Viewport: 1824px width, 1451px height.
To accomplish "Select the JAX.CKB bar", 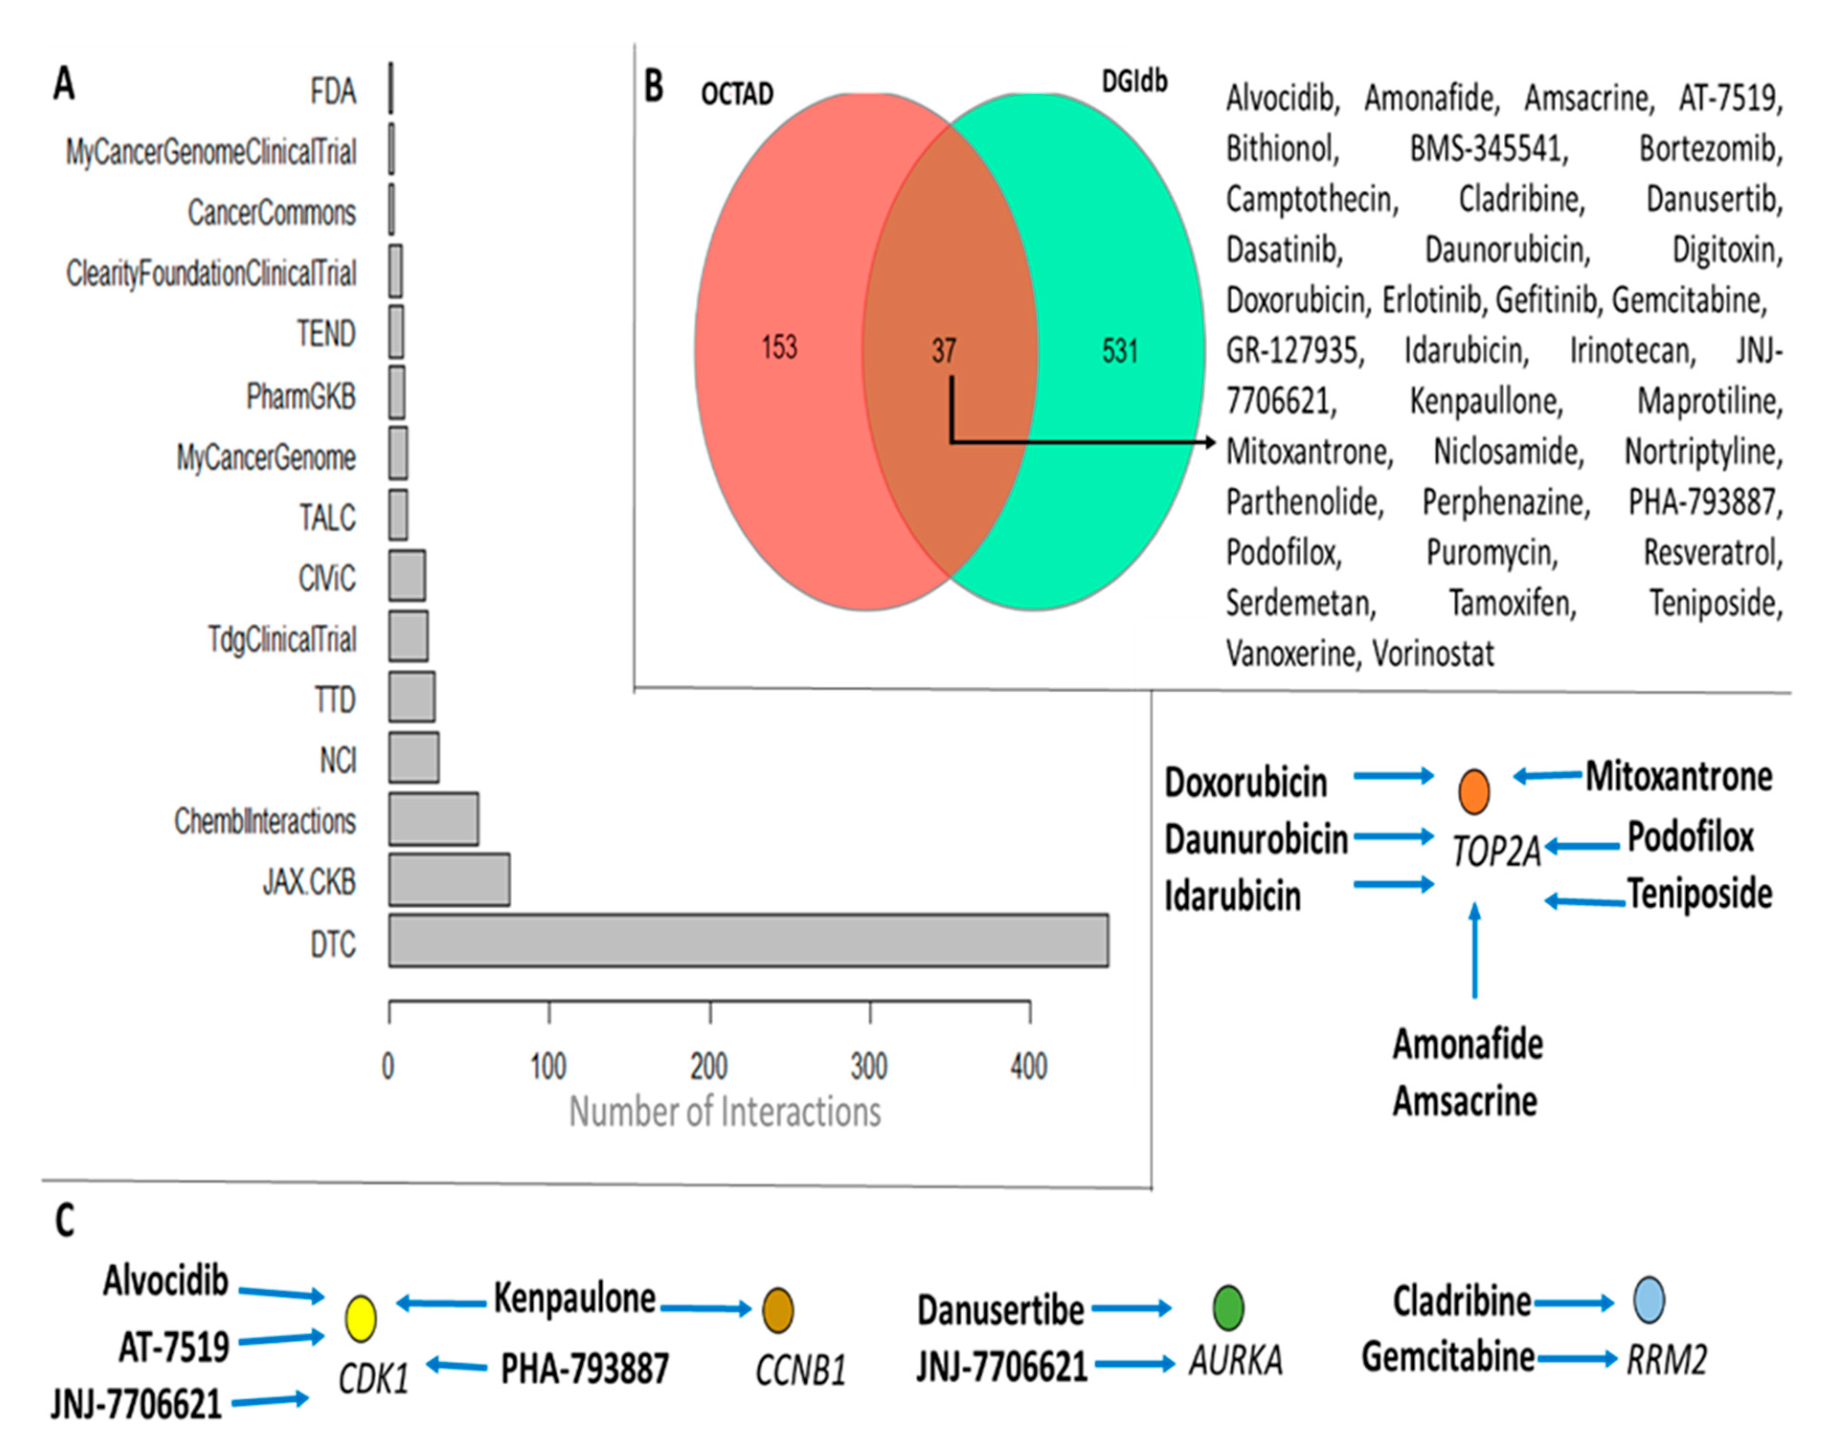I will pos(449,880).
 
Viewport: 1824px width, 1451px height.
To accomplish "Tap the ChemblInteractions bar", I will pos(433,819).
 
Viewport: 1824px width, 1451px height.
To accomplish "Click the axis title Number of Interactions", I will pos(724,1112).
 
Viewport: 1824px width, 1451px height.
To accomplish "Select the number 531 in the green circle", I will pos(1119,350).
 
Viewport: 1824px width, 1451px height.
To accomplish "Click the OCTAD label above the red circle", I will pos(737,94).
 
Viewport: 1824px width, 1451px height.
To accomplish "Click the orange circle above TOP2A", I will pos(1474,792).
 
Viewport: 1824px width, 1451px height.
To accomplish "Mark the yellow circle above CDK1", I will pos(361,1318).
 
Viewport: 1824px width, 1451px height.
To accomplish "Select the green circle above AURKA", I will pos(1228,1307).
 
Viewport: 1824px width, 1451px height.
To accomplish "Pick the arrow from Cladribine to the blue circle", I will pos(1574,1303).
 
